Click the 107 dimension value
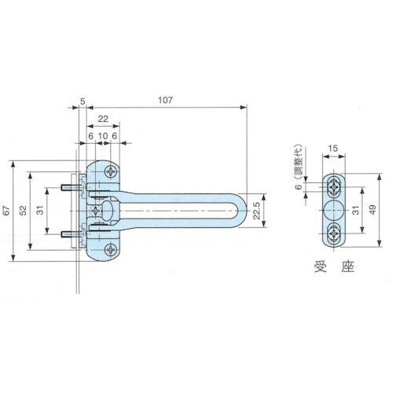(x=163, y=101)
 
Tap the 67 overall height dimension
(x=7, y=211)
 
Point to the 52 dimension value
(x=24, y=211)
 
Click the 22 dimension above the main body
(x=103, y=119)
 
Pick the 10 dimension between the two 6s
(x=102, y=135)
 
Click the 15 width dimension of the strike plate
(x=334, y=149)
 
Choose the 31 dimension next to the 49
(x=357, y=211)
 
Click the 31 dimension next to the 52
(x=39, y=211)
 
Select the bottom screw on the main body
(x=107, y=252)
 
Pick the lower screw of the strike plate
(x=335, y=233)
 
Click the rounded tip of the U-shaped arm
(x=247, y=211)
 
